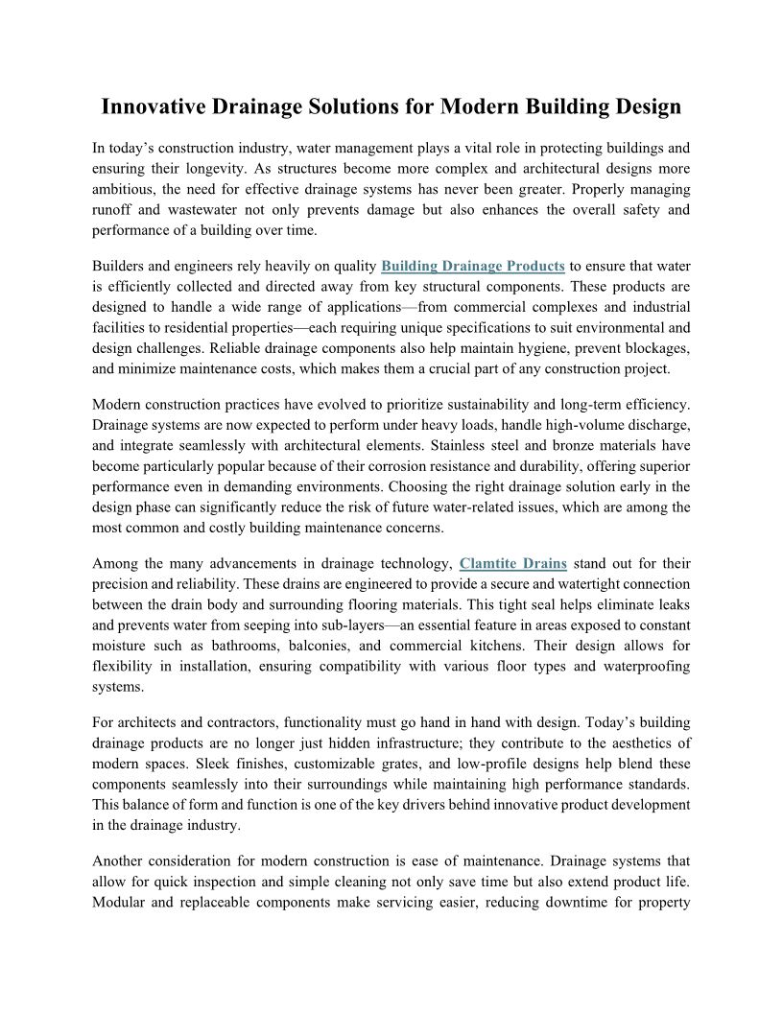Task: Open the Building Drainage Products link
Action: [x=472, y=266]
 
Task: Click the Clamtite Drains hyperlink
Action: [x=513, y=562]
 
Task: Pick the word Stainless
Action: [x=463, y=445]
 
